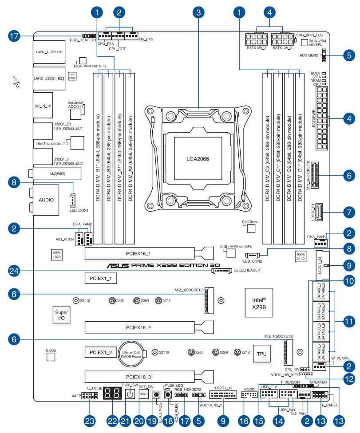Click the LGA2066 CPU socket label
(197, 158)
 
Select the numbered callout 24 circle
(15, 270)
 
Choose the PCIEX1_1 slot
(100, 279)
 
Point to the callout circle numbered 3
(199, 12)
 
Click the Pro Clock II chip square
(252, 228)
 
